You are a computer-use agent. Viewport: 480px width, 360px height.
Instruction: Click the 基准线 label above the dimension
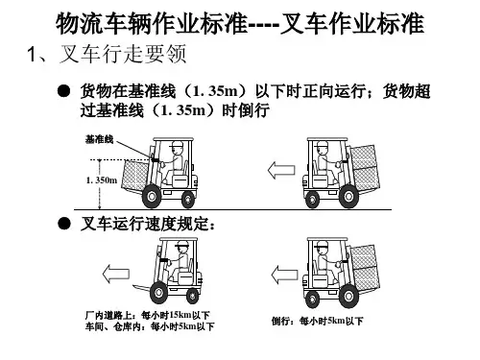pos(99,139)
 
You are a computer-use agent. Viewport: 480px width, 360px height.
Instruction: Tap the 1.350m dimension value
pos(102,180)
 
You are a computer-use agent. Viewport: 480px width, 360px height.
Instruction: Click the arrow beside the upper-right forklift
pos(281,170)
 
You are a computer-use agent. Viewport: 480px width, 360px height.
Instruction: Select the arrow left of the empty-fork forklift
pos(116,274)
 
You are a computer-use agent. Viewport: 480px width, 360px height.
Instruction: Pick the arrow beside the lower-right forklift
pos(284,275)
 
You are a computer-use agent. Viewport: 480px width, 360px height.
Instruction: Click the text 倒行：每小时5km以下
pos(318,321)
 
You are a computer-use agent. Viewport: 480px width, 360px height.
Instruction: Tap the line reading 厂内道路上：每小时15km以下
pos(148,315)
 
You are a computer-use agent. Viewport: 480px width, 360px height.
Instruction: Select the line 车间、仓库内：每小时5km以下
pos(150,326)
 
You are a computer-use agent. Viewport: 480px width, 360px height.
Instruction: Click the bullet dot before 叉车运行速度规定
pos(64,224)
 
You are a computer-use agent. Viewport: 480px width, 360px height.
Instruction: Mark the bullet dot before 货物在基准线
pos(63,91)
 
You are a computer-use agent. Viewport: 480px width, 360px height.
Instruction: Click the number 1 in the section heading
pos(32,54)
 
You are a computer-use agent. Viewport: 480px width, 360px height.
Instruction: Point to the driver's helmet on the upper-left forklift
pos(177,144)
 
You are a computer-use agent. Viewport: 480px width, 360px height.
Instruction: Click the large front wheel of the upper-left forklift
pos(151,196)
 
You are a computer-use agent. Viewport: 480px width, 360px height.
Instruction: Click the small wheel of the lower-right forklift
pos(313,300)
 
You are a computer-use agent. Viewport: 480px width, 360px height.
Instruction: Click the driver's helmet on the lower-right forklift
pos(322,246)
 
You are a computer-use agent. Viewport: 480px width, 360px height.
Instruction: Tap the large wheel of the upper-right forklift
pos(348,196)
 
